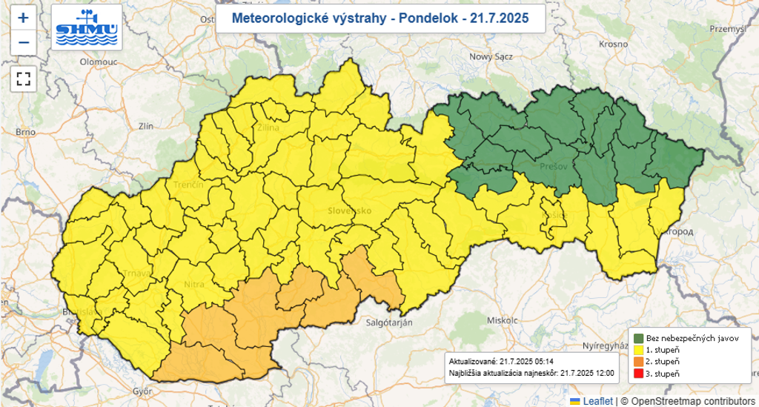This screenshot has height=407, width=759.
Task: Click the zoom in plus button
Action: click(24, 18)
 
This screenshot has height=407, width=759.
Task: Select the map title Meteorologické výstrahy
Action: click(381, 19)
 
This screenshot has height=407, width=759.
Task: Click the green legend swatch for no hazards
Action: click(638, 337)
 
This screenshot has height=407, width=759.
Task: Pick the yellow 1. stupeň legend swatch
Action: click(638, 349)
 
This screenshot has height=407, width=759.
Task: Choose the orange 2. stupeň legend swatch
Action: click(638, 361)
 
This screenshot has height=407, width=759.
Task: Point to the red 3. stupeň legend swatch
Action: click(638, 373)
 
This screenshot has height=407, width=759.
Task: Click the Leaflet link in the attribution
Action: click(597, 401)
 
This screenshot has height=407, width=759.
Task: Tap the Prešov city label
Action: click(554, 166)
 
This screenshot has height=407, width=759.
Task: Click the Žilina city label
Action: click(268, 128)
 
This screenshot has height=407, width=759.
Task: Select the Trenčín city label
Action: click(189, 184)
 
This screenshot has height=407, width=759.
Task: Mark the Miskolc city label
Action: click(502, 320)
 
